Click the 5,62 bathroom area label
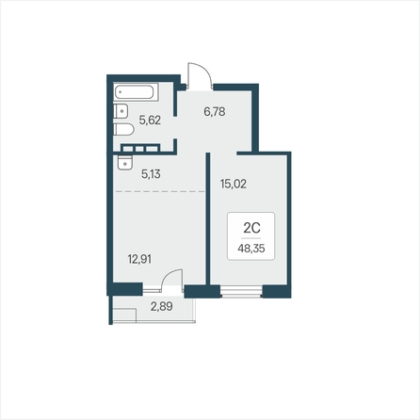pyautogui.click(x=150, y=120)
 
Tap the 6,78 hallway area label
pyautogui.click(x=215, y=111)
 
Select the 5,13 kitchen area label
pyautogui.click(x=151, y=173)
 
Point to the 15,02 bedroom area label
pyautogui.click(x=234, y=184)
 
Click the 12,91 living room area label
pyautogui.click(x=139, y=259)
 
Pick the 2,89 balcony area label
pyautogui.click(x=162, y=306)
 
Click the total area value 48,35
pyautogui.click(x=251, y=249)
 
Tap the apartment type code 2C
pyautogui.click(x=251, y=228)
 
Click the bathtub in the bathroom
pyautogui.click(x=136, y=92)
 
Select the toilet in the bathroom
pyautogui.click(x=124, y=129)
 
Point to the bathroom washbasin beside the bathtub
pyautogui.click(x=121, y=111)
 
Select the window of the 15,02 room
pyautogui.click(x=241, y=291)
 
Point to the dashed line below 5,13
pyautogui.click(x=160, y=191)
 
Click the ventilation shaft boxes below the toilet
pyautogui.click(x=140, y=148)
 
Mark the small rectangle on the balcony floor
pyautogui.click(x=124, y=315)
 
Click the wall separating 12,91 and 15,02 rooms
pyautogui.click(x=208, y=218)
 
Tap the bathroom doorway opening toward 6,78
pyautogui.click(x=175, y=127)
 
